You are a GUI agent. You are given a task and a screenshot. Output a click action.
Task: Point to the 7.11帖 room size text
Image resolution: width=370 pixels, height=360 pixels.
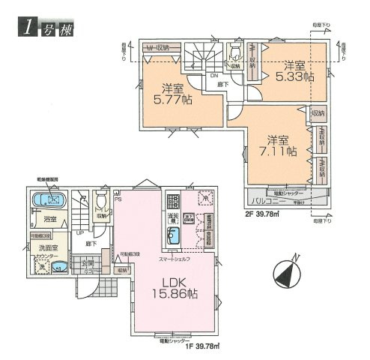(279, 151)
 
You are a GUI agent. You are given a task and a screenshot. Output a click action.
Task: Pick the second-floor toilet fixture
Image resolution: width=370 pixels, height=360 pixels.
(234, 52)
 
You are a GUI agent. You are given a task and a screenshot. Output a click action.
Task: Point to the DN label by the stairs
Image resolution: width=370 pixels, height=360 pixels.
(213, 75)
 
